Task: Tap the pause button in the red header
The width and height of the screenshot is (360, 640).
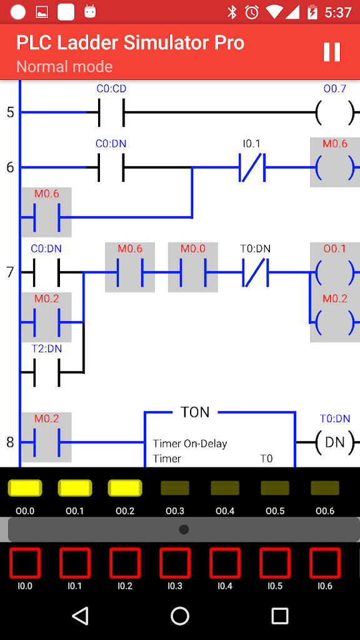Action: click(x=331, y=52)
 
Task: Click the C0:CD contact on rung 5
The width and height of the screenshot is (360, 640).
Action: click(x=111, y=112)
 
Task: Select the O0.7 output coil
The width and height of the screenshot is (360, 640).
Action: click(x=335, y=112)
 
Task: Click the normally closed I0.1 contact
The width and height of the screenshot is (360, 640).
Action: click(x=252, y=167)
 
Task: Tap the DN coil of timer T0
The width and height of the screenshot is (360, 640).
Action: click(x=335, y=442)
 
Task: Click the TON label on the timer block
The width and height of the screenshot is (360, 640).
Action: click(x=195, y=412)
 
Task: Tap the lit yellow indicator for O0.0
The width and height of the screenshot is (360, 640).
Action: click(x=25, y=487)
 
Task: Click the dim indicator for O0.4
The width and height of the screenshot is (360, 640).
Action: click(x=225, y=487)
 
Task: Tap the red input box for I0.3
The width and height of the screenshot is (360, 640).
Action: click(x=175, y=563)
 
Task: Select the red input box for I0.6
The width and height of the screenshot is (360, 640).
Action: click(x=325, y=563)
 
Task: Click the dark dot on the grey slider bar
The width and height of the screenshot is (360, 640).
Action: click(x=184, y=529)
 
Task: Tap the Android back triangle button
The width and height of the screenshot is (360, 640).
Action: click(x=80, y=616)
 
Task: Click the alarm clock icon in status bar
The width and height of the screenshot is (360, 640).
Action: click(x=252, y=12)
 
